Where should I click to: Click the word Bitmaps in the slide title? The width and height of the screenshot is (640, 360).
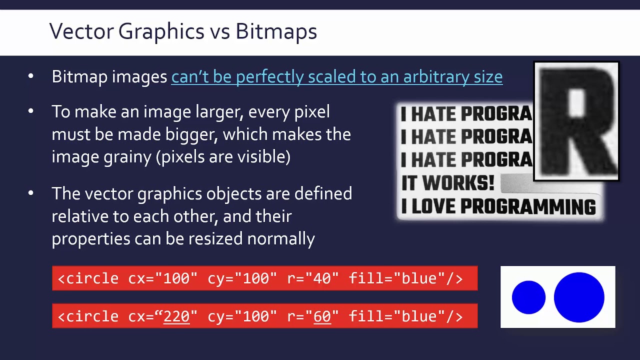[276, 31]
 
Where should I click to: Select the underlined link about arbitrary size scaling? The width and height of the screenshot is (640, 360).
[336, 77]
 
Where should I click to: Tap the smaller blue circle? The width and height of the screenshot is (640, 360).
[528, 297]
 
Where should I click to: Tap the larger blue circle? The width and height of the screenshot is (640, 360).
[579, 297]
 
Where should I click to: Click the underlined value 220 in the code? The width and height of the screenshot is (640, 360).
[176, 316]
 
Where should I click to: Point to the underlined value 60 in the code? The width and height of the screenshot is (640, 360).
[322, 316]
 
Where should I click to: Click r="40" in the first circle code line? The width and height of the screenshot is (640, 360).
[312, 278]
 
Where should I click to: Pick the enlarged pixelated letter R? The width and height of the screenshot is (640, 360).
[576, 121]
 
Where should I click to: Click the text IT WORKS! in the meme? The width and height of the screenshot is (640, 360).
[447, 183]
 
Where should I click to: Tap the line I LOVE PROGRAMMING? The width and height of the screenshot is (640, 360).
[498, 206]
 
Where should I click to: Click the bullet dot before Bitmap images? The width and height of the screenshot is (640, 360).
[31, 76]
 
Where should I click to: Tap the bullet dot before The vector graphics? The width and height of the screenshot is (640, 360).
[31, 193]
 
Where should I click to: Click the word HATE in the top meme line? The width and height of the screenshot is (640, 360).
[433, 114]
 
